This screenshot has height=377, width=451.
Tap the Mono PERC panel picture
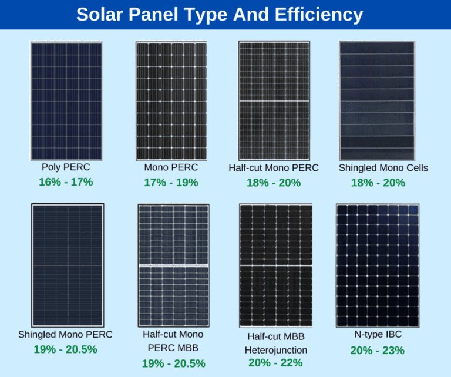[x=171, y=100]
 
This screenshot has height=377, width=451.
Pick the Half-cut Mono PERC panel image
[x=274, y=100]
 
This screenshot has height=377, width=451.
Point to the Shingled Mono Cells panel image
[x=376, y=100]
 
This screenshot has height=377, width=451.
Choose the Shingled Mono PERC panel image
[x=67, y=265]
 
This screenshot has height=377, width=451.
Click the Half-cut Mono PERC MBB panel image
[x=173, y=265]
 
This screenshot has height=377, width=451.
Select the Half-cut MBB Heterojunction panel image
[x=275, y=265]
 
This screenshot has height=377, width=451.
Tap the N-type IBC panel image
[x=378, y=265]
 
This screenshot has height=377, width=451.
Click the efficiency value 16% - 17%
[x=66, y=182]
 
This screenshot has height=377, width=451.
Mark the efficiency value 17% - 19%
[x=171, y=183]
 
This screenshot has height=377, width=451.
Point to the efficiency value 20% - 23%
[x=377, y=351]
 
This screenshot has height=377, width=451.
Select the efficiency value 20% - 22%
[x=275, y=363]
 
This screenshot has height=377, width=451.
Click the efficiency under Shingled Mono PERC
[x=66, y=350]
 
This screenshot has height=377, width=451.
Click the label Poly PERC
[x=66, y=167]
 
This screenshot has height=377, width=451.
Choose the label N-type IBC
[x=378, y=335]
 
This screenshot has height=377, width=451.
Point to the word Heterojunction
[x=275, y=350]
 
